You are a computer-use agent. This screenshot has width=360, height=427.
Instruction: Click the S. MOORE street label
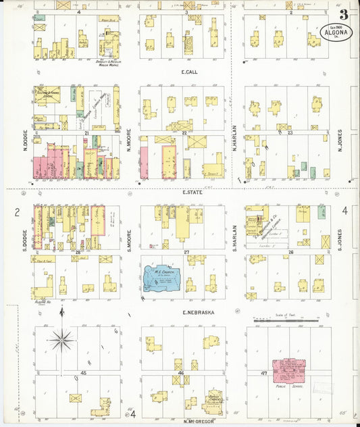click(129, 241)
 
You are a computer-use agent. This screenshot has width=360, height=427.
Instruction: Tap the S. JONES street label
click(341, 238)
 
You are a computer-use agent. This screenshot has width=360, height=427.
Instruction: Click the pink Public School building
click(289, 371)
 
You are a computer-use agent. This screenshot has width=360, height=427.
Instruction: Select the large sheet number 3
click(344, 14)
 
